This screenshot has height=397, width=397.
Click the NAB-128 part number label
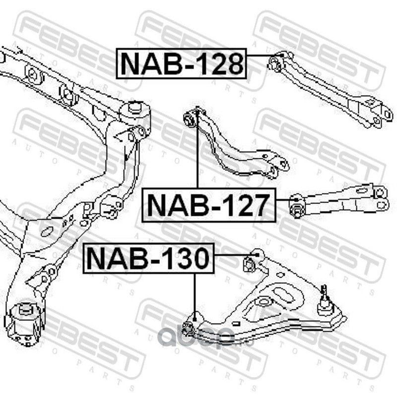coord(182,63)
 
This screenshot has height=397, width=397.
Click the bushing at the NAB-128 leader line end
coord(274,63)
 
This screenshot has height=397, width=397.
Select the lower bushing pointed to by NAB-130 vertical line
coord(188,327)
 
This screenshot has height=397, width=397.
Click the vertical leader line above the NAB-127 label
coord(198,154)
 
